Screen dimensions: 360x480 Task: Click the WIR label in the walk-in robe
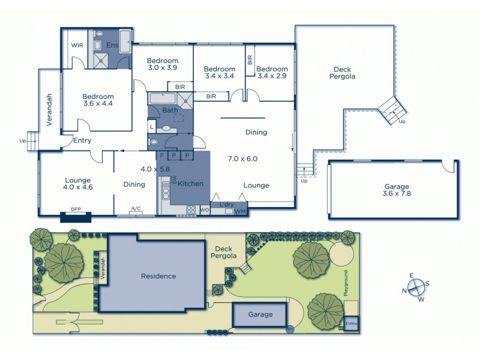point(77,45)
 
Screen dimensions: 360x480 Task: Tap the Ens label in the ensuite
point(112,45)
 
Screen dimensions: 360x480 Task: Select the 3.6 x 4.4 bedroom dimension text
point(98,104)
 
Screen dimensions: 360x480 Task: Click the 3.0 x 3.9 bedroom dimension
point(163,68)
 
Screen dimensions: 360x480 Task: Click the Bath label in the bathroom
point(169,110)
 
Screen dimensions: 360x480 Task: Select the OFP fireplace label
point(76,209)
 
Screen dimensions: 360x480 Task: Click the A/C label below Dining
point(136,209)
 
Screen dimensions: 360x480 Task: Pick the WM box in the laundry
point(240,211)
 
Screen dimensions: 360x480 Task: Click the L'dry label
point(227,205)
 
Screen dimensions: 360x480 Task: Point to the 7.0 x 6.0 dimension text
point(242,159)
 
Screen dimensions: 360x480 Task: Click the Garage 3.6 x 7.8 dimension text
point(393,194)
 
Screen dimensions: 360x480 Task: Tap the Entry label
point(82,141)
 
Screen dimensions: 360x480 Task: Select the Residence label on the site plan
point(158,277)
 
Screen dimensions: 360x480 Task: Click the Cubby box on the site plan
point(351,323)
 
